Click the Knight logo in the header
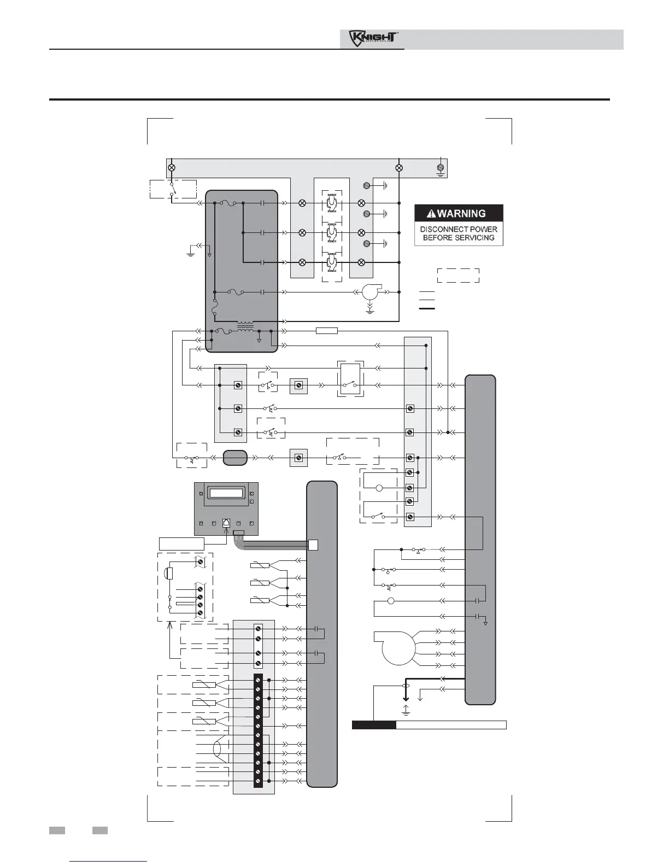373,38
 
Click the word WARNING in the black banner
461,214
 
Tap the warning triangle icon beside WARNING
431,214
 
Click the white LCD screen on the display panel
226,493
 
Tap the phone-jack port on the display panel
226,523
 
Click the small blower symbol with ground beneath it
371,292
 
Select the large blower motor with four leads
398,648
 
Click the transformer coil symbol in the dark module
245,326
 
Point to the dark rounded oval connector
234,458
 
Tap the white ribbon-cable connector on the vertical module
313,545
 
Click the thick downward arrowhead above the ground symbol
406,698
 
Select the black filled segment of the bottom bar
374,725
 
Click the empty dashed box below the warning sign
458,276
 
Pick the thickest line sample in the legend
427,309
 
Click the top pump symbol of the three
332,203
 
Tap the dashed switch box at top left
173,189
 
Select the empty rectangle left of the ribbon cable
181,543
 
